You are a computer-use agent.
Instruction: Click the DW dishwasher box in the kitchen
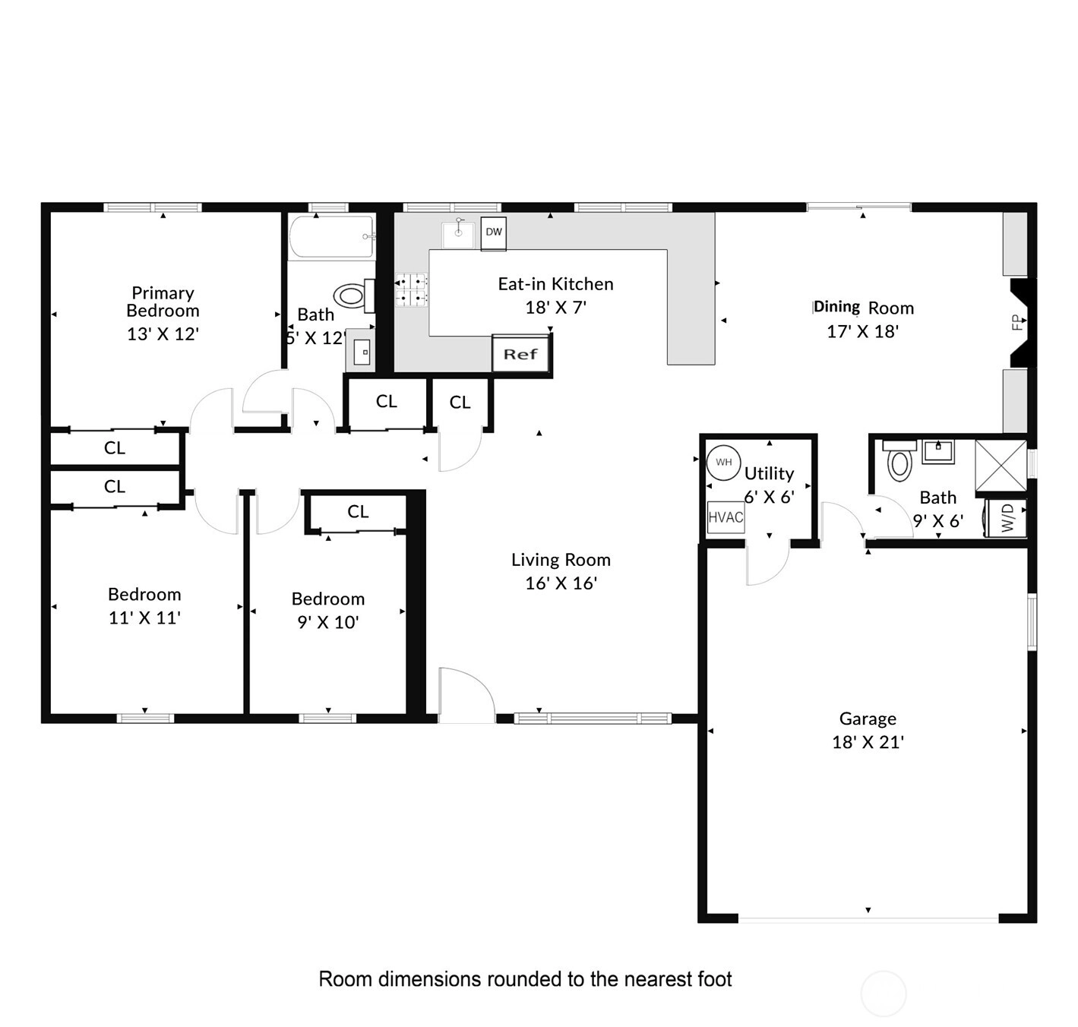click(x=494, y=233)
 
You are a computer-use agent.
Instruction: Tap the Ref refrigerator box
click(x=520, y=354)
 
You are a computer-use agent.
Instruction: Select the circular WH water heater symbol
click(x=723, y=463)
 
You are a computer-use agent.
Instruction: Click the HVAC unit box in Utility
click(x=726, y=517)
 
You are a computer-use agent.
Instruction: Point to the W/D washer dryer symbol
click(x=1007, y=517)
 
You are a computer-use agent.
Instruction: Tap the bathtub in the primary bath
click(x=332, y=236)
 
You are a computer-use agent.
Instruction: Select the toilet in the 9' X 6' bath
click(x=899, y=460)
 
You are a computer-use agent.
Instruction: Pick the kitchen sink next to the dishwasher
click(x=458, y=235)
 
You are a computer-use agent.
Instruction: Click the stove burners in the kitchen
click(x=411, y=289)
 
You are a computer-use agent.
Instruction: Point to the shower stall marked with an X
click(x=1001, y=465)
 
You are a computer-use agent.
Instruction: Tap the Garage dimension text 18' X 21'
click(x=868, y=742)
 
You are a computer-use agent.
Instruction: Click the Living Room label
click(x=561, y=559)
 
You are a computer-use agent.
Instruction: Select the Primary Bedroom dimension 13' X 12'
click(x=163, y=333)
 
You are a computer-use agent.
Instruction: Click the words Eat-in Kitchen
click(x=555, y=283)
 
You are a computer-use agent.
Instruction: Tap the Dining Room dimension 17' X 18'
click(x=862, y=331)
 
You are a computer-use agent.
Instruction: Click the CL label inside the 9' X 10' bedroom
click(x=358, y=511)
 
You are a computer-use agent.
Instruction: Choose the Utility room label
click(x=770, y=474)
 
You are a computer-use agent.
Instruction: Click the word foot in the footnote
click(x=712, y=978)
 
